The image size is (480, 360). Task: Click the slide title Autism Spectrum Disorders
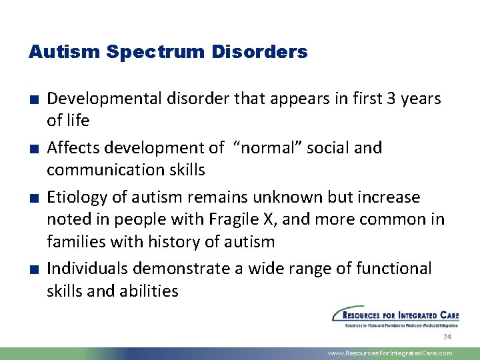(168, 52)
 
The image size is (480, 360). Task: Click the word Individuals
(87, 269)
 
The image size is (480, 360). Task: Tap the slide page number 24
(447, 337)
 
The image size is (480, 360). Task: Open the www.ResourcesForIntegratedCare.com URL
(390, 353)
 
